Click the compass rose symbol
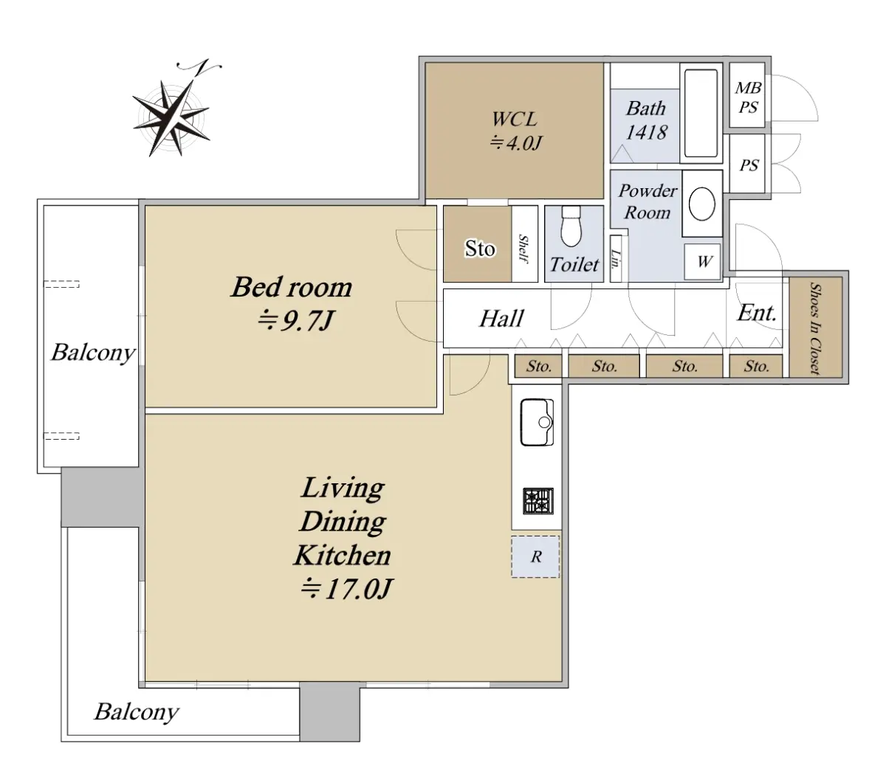point(171,117)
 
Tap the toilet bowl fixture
point(571,226)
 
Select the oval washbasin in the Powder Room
point(701,204)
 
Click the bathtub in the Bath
point(701,113)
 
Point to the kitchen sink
point(537,423)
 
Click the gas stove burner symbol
point(538,501)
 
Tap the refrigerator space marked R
point(535,557)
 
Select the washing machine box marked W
point(702,261)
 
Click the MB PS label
point(748,97)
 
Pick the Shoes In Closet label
point(815,328)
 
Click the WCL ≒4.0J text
point(515,131)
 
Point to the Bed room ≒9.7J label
point(292,303)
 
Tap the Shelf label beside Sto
point(523,249)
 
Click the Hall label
point(501,319)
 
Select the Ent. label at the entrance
point(757,313)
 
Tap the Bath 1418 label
point(646,120)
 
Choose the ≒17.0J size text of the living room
point(347,589)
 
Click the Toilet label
point(574,264)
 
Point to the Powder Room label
point(648,201)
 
